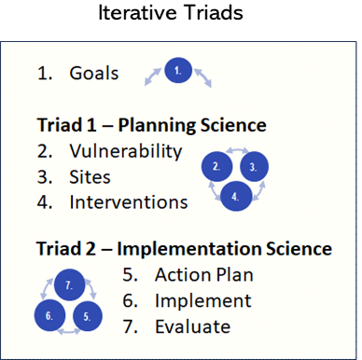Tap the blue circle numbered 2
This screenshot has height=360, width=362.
pyautogui.click(x=216, y=167)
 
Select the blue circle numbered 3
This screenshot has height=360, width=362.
pyautogui.click(x=252, y=167)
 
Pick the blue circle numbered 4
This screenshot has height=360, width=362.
pyautogui.click(x=234, y=197)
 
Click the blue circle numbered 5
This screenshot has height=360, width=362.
pyautogui.click(x=87, y=315)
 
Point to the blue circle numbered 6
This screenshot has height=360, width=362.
pyautogui.click(x=50, y=315)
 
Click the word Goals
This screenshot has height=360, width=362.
pyautogui.click(x=93, y=73)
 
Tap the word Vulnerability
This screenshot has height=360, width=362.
pyautogui.click(x=126, y=151)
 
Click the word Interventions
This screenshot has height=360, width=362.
pyautogui.click(x=128, y=201)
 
